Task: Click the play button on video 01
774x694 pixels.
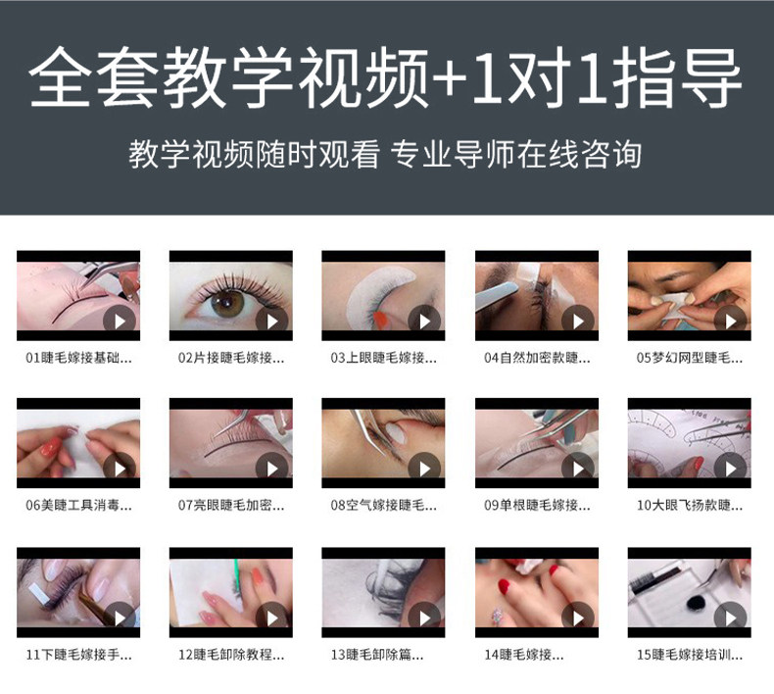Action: [120, 322]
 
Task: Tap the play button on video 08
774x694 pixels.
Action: [424, 469]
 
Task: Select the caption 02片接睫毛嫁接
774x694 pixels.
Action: [231, 358]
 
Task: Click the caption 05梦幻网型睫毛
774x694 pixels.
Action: [689, 358]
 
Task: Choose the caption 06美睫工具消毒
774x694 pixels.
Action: [78, 506]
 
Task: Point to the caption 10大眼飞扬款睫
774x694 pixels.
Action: [689, 506]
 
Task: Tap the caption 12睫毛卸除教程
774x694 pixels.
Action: [231, 655]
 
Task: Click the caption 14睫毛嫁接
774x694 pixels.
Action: [523, 655]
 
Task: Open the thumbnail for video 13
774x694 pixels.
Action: [383, 592]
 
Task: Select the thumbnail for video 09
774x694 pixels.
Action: [537, 443]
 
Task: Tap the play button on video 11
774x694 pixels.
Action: [120, 618]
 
